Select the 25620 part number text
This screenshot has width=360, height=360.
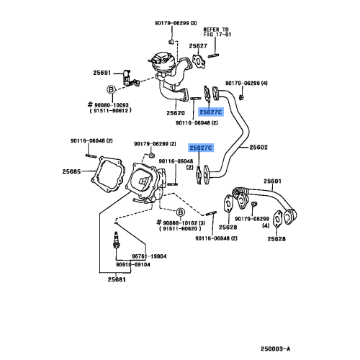tap(176, 112)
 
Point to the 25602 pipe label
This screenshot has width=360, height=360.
tap(258, 148)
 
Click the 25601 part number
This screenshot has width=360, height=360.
tap(272, 181)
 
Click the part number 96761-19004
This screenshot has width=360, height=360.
tap(148, 256)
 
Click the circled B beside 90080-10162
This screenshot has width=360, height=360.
tap(180, 213)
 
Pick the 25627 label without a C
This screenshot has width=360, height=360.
tap(199, 46)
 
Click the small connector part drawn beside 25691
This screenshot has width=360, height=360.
tap(127, 76)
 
